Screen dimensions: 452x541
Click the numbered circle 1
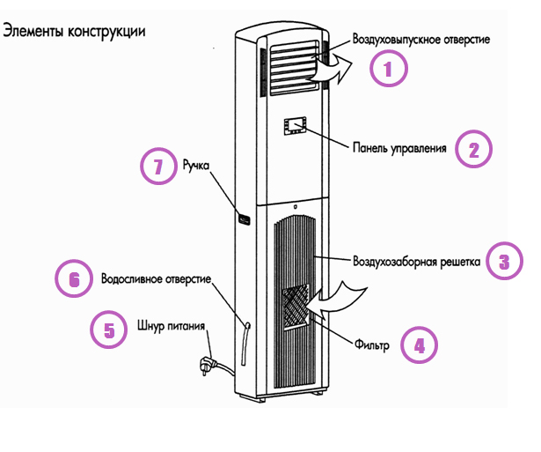[389, 68]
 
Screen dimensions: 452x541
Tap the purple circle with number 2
[472, 149]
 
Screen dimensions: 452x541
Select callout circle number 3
[505, 261]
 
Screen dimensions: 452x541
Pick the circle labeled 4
[420, 345]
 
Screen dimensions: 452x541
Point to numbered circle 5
[108, 330]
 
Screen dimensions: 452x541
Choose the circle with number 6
[73, 279]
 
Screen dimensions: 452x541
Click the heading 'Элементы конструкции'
[74, 31]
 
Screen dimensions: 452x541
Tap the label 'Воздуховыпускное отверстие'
[420, 39]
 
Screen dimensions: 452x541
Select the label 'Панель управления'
[400, 147]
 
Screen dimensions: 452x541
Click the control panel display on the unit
[295, 126]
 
